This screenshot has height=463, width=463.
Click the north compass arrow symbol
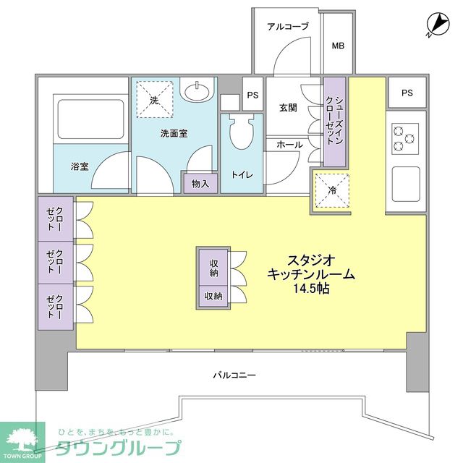[x=434, y=24]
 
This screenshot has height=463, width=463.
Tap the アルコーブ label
[x=287, y=27]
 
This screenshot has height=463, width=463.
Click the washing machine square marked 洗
[x=154, y=101]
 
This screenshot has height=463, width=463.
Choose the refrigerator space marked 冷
[x=332, y=191]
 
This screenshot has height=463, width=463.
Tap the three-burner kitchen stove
[x=404, y=137]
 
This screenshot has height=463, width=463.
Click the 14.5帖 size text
[x=312, y=289]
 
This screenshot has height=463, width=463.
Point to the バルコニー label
[x=234, y=375]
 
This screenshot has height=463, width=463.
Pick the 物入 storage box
[x=200, y=184]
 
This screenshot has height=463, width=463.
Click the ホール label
[x=289, y=145]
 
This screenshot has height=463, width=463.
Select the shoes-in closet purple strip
[x=333, y=122]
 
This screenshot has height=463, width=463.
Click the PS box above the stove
[x=407, y=93]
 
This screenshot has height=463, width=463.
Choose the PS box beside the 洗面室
[x=252, y=95]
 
